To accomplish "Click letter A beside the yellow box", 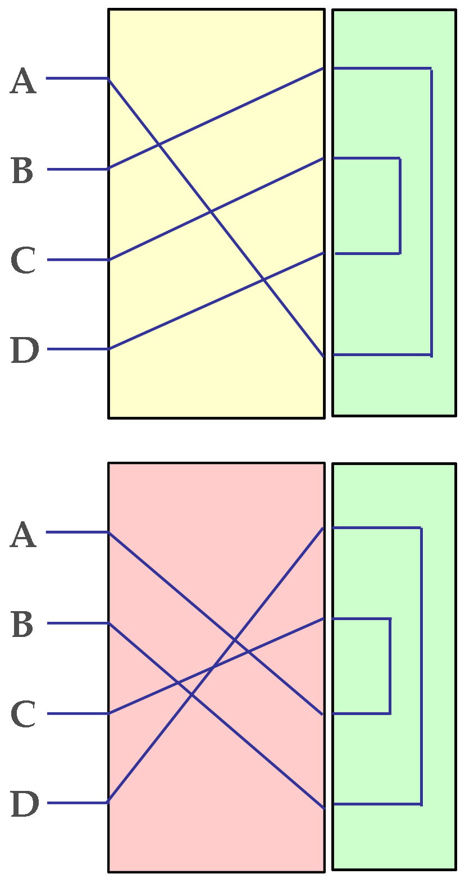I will pyautogui.click(x=24, y=81).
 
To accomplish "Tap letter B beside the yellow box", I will pyautogui.click(x=22, y=171).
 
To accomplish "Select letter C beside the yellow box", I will pyautogui.click(x=24, y=261).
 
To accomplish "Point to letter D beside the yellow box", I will pyautogui.click(x=25, y=351).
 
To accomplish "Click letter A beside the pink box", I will pyautogui.click(x=24, y=535).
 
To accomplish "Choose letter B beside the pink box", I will pyautogui.click(x=22, y=625).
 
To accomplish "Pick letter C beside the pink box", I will pyautogui.click(x=24, y=714).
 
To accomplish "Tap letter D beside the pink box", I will pyautogui.click(x=25, y=804).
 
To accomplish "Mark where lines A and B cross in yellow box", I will pyautogui.click(x=159, y=145).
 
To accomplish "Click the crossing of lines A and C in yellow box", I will pyautogui.click(x=211, y=212).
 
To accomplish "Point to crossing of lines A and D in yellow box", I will pyautogui.click(x=263, y=279).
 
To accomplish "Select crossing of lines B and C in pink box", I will pyautogui.click(x=177, y=683).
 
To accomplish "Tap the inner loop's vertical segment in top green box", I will pyautogui.click(x=400, y=206).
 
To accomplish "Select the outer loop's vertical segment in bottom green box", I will pyautogui.click(x=421, y=666).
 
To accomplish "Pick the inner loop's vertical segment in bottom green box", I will pyautogui.click(x=390, y=666).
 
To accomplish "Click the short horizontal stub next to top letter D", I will pyautogui.click(x=77, y=349).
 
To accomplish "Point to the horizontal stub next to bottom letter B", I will pyautogui.click(x=77, y=623).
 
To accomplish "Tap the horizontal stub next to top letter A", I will pyautogui.click(x=76, y=78).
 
